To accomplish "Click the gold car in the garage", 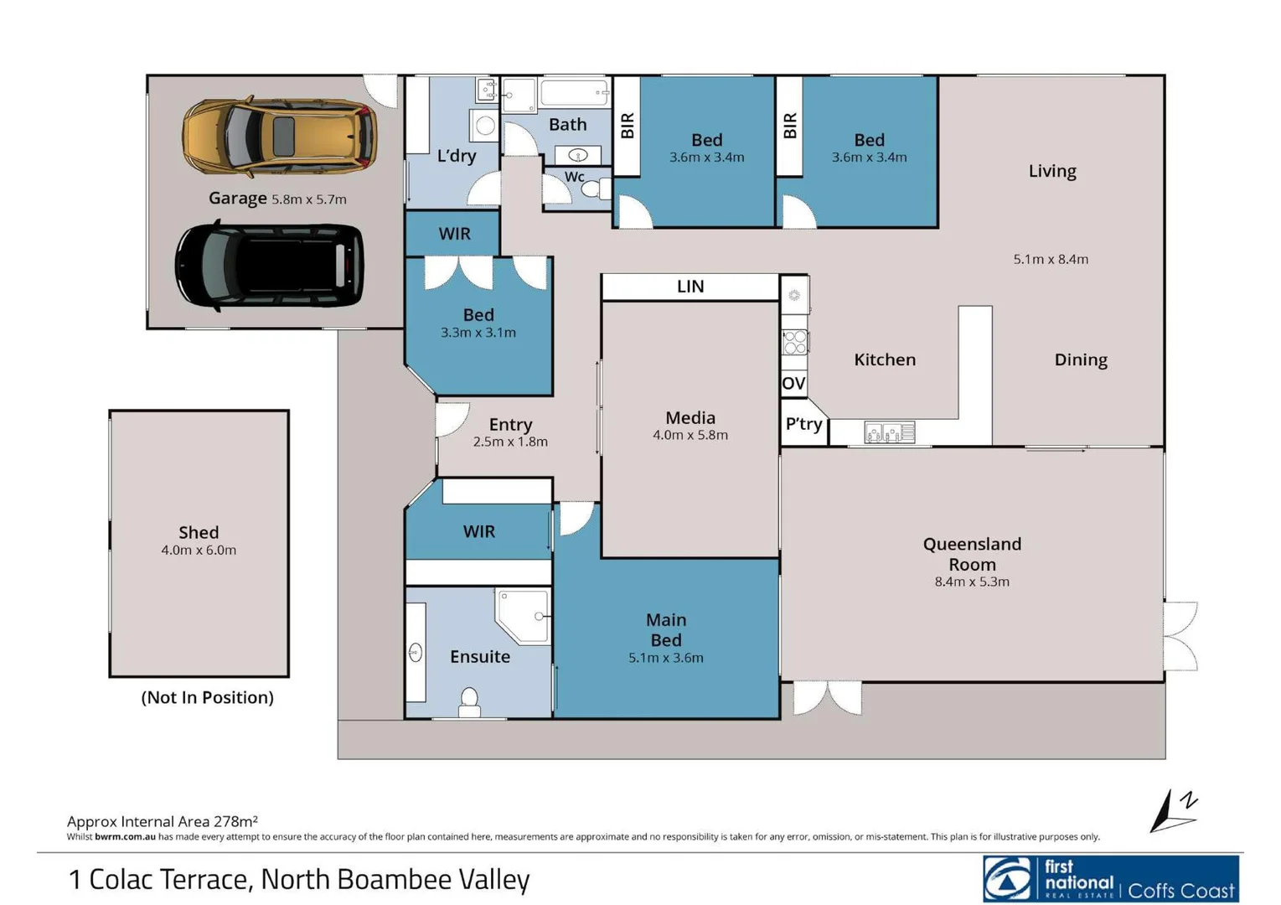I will tap(279, 137).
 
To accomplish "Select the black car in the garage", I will tap(270, 265).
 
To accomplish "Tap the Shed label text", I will tap(199, 532).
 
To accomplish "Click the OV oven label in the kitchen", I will tap(793, 384).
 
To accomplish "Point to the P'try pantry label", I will tap(803, 424).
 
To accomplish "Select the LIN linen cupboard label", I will tap(690, 287).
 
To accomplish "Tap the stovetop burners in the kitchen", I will tap(794, 341).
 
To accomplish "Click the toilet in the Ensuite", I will tap(469, 701).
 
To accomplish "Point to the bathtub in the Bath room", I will tap(575, 91).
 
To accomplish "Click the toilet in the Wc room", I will tap(595, 189).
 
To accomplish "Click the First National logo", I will tap(1110, 879).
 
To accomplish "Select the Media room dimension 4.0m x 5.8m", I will tap(690, 435).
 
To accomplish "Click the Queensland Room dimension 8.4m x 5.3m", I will tap(972, 582).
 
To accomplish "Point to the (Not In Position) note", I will tap(207, 697).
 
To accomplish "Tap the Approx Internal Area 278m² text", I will tap(163, 821).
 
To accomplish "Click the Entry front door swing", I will tap(451, 419).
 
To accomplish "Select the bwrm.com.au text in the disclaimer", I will tap(125, 836).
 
